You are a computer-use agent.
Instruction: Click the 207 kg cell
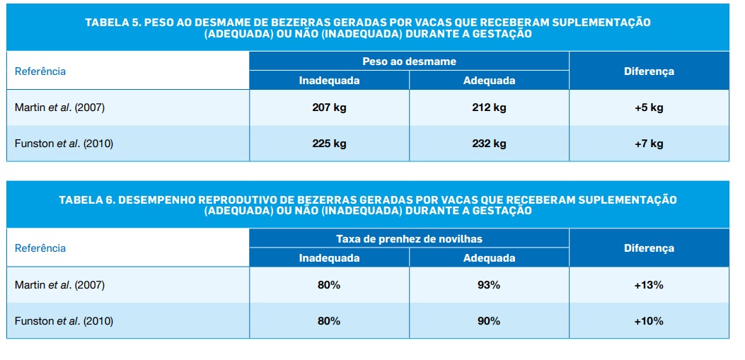[x=329, y=108]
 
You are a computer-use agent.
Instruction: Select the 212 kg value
[x=489, y=108]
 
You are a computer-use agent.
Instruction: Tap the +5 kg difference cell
[x=649, y=108]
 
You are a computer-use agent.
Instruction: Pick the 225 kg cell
[x=329, y=144]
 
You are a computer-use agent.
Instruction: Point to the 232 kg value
[x=489, y=144]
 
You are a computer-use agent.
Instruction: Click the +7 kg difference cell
[x=649, y=144]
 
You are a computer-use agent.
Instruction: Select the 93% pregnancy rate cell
[x=489, y=285]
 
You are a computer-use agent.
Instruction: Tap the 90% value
[x=489, y=321]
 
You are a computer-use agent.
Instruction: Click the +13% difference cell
[x=649, y=285]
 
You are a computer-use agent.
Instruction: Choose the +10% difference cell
[x=649, y=321]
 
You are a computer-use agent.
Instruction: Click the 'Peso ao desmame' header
[x=409, y=62]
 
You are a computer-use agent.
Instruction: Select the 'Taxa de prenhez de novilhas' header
[x=409, y=238]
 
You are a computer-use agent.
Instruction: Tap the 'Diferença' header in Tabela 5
[x=649, y=71]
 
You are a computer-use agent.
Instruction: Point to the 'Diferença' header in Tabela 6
[x=649, y=248]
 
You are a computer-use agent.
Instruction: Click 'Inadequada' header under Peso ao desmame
[x=329, y=81]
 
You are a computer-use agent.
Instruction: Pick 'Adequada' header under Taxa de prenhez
[x=489, y=258]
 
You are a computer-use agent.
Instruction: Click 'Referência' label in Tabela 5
[x=40, y=71]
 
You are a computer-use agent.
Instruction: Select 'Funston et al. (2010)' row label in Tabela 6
[x=64, y=321]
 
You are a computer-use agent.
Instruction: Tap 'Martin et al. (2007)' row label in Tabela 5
[x=59, y=108]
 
